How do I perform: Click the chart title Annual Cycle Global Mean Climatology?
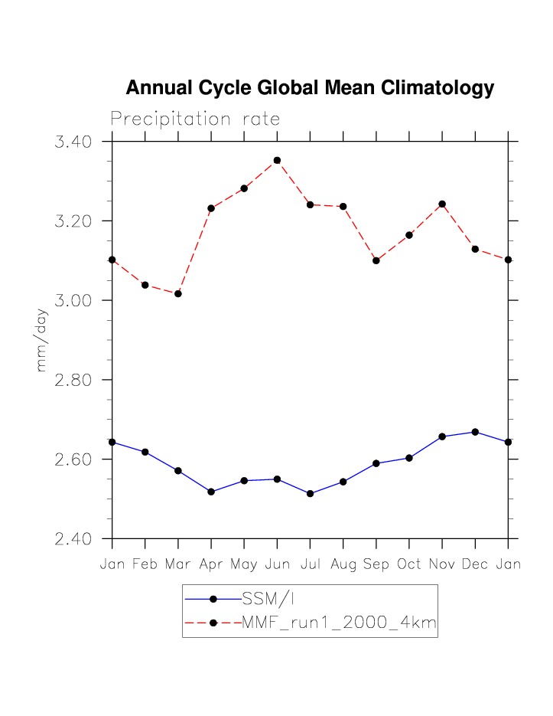pyautogui.click(x=310, y=88)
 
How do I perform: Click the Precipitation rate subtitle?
pyautogui.click(x=195, y=119)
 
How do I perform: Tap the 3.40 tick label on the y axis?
pyautogui.click(x=74, y=142)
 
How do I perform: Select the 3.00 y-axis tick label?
pyautogui.click(x=74, y=300)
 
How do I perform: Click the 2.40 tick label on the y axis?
pyautogui.click(x=74, y=539)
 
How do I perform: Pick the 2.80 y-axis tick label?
pyautogui.click(x=74, y=380)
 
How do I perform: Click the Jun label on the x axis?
pyautogui.click(x=277, y=564)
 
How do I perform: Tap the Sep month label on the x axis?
pyautogui.click(x=376, y=564)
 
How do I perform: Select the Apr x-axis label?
pyautogui.click(x=211, y=564)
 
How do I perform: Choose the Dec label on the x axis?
pyautogui.click(x=475, y=564)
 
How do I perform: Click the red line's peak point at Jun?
pyautogui.click(x=277, y=161)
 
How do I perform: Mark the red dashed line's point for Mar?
pyautogui.click(x=178, y=294)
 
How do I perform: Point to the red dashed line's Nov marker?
pyautogui.click(x=442, y=204)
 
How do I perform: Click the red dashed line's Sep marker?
pyautogui.click(x=376, y=260)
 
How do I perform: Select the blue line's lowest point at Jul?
pyautogui.click(x=310, y=494)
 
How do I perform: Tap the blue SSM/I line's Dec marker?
pyautogui.click(x=475, y=432)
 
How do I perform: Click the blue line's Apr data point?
pyautogui.click(x=211, y=492)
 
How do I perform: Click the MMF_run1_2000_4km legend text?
pyautogui.click(x=339, y=623)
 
